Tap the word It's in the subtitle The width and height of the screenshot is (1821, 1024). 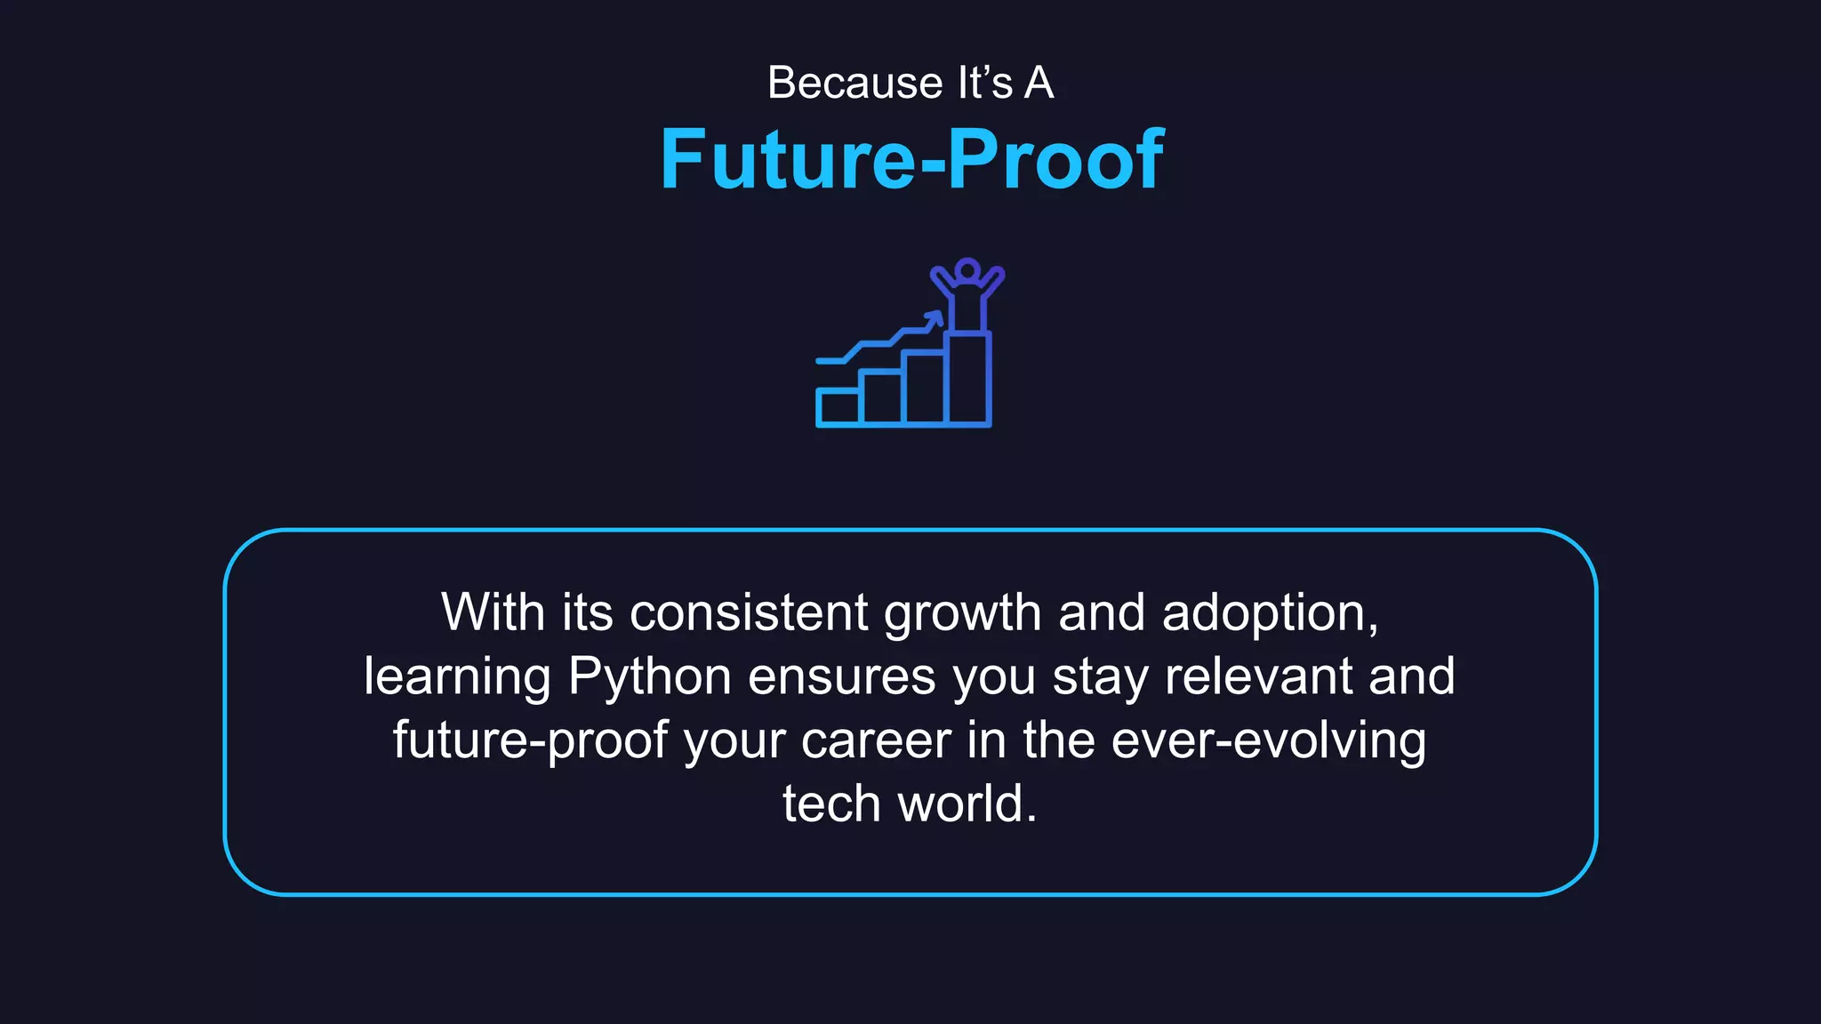(x=984, y=84)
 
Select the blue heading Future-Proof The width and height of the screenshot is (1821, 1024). (x=911, y=159)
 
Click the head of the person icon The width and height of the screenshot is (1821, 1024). (x=967, y=269)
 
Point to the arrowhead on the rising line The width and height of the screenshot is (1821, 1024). (x=935, y=317)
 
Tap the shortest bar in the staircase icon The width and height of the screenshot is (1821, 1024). (x=838, y=407)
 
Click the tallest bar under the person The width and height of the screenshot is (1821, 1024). (x=968, y=379)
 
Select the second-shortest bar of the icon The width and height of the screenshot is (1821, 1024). (x=881, y=398)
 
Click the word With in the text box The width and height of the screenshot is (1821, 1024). (x=493, y=612)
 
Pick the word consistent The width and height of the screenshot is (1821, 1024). (x=749, y=612)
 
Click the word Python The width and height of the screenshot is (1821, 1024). (x=649, y=677)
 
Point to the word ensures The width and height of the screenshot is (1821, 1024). (x=842, y=677)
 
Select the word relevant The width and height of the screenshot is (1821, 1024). (x=1258, y=676)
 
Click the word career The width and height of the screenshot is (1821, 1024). (x=876, y=740)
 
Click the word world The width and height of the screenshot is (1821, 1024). (x=967, y=804)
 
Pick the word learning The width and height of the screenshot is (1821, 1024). (x=458, y=677)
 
